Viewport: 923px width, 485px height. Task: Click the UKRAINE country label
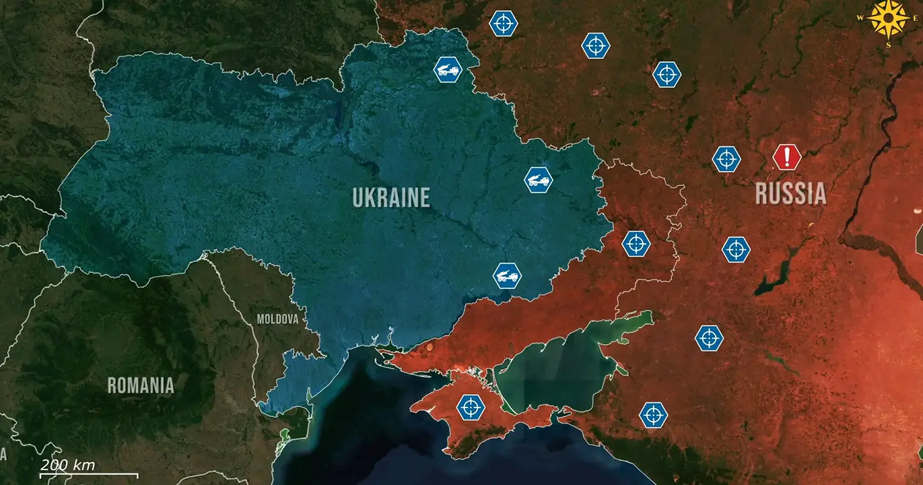point(391,197)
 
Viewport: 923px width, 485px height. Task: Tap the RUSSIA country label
point(790,193)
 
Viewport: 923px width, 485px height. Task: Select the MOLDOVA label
point(277,319)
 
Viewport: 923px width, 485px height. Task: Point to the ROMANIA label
point(141,385)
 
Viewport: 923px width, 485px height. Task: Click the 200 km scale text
point(67,465)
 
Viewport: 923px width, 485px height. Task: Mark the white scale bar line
point(88,476)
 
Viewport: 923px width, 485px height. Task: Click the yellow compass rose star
point(889,18)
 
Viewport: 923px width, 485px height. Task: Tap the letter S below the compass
point(889,45)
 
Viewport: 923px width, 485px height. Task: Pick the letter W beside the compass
point(860,18)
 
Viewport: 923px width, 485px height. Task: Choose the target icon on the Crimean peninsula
point(471,407)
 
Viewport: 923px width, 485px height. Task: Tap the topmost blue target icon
point(503,24)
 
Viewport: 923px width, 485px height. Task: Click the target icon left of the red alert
point(726,159)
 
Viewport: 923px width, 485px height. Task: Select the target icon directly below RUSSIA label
point(736,249)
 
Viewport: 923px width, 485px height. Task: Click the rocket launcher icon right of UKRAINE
point(539,180)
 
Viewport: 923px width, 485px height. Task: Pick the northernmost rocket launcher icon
point(448,69)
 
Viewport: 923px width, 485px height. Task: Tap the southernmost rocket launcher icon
point(507,276)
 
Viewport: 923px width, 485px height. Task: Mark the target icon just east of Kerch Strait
point(652,415)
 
